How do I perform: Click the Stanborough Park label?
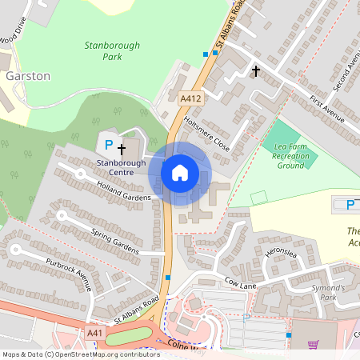(x=106, y=52)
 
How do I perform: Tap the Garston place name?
(x=28, y=76)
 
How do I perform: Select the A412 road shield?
(x=190, y=98)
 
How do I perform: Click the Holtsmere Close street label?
(x=206, y=133)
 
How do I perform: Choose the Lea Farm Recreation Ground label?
(x=292, y=156)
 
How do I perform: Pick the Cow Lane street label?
(x=242, y=282)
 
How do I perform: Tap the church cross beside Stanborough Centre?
(x=122, y=149)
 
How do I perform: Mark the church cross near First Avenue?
(x=256, y=71)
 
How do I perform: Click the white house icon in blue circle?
(x=180, y=172)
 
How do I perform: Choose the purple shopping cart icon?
(x=313, y=345)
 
